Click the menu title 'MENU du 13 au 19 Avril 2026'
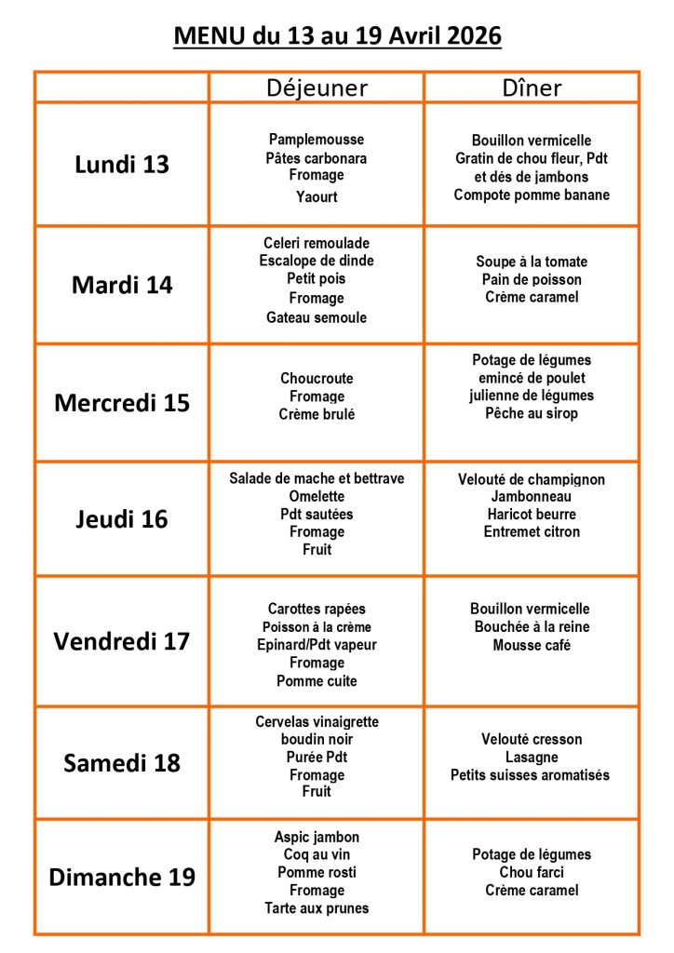[x=337, y=36]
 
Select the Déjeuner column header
[x=317, y=87]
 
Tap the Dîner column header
[x=532, y=87]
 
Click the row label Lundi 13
[x=122, y=165]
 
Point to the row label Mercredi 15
[x=122, y=403]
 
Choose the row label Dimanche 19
[x=122, y=878]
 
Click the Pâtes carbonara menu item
[x=317, y=158]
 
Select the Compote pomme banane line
[x=532, y=195]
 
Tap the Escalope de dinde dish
[x=317, y=261]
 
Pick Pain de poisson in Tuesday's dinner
[x=532, y=279]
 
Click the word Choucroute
[x=317, y=379]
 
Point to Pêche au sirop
[x=532, y=413]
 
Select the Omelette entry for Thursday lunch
[x=317, y=496]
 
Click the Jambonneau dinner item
[x=532, y=497]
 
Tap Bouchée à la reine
[x=532, y=627]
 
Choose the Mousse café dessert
[x=532, y=645]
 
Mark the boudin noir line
[x=317, y=740]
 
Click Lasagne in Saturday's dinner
[x=532, y=758]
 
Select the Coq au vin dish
[x=317, y=854]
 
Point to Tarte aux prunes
[x=317, y=908]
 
